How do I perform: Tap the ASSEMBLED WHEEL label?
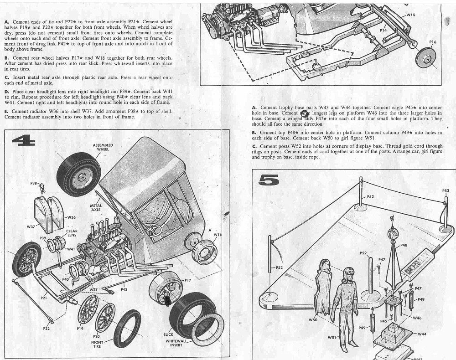point(103,147)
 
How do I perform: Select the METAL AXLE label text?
point(96,208)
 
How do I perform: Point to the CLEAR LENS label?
point(72,233)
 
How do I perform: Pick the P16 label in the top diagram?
point(433,42)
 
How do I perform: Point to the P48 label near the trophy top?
point(404,245)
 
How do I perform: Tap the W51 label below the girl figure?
point(332,337)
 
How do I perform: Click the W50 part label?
point(313,320)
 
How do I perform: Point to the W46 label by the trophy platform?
point(417,318)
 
